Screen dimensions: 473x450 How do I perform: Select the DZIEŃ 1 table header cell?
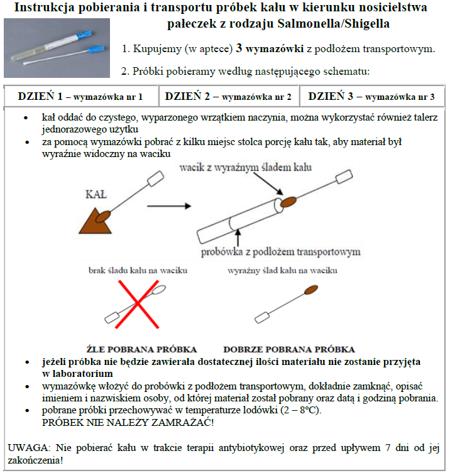click(80, 97)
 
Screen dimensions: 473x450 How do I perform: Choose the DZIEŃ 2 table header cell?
click(228, 97)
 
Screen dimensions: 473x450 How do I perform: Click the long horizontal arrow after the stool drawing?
click(170, 205)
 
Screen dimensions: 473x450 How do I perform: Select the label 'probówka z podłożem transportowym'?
click(281, 252)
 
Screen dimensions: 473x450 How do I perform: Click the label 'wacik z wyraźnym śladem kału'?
click(245, 168)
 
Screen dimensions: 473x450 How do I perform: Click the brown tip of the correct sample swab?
click(310, 291)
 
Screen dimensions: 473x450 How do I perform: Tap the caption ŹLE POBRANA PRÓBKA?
click(141, 349)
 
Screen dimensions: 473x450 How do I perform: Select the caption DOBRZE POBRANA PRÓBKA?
click(288, 349)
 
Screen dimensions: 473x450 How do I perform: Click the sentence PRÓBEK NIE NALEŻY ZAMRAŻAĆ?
click(128, 422)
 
